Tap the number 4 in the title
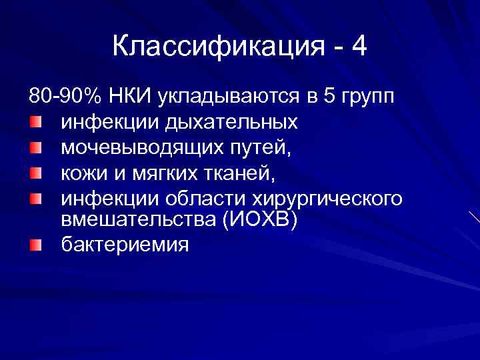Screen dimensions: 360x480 (359, 47)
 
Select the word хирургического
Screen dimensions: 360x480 (327, 199)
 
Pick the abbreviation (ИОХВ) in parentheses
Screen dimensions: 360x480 (259, 220)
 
